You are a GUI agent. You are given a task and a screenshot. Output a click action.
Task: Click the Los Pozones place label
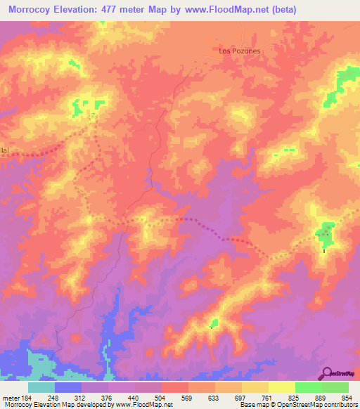(240, 51)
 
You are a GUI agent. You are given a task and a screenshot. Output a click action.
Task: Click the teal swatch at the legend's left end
(41, 387)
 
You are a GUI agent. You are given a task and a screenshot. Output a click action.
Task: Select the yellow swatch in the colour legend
(281, 387)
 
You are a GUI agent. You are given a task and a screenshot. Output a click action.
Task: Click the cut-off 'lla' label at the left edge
(4, 150)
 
